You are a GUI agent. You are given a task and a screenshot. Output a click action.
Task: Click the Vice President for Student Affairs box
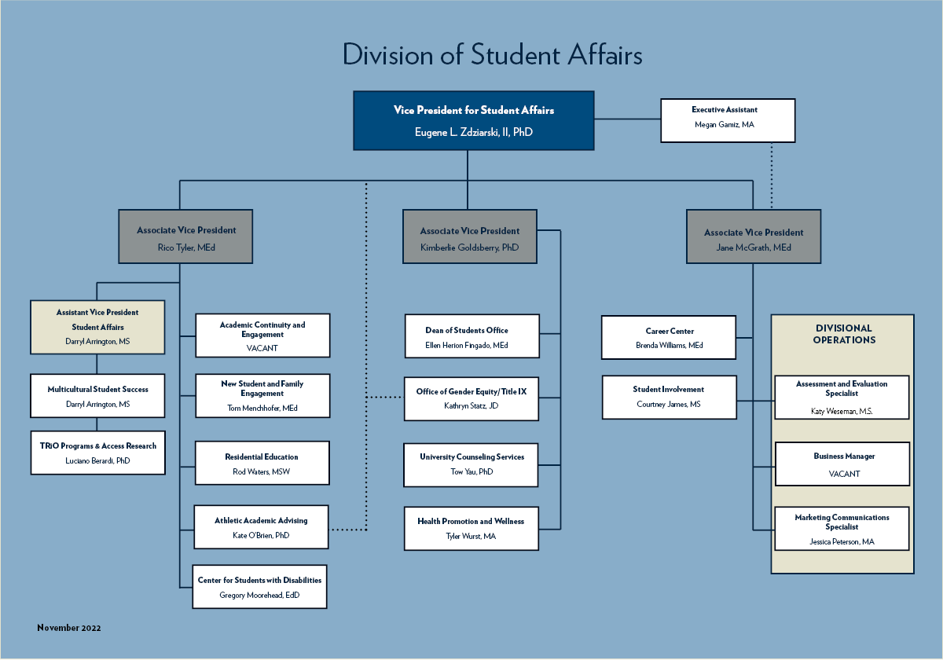(x=474, y=120)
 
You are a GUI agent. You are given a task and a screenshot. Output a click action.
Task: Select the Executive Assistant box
(x=728, y=119)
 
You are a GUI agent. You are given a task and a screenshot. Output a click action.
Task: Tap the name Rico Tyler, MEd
(x=186, y=247)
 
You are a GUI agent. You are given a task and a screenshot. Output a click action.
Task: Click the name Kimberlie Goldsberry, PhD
(x=470, y=247)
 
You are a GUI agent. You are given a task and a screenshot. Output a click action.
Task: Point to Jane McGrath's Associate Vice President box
(x=754, y=236)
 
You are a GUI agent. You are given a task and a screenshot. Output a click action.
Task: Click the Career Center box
(x=669, y=337)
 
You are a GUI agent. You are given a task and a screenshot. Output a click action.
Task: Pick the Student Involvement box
(x=669, y=397)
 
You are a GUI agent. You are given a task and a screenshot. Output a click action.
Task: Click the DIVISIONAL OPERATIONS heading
(x=844, y=334)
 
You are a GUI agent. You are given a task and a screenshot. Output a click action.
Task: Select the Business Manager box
(x=843, y=464)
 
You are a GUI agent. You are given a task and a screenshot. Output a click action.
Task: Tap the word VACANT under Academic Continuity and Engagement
(x=262, y=346)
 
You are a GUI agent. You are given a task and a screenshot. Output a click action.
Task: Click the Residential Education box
(x=262, y=463)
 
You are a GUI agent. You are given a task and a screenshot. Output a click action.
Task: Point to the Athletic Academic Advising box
(x=262, y=526)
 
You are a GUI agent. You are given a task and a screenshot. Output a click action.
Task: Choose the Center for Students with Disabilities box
(x=260, y=586)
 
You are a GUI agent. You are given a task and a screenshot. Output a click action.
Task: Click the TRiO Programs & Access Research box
(x=98, y=452)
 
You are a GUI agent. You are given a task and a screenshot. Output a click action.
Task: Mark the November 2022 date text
(x=69, y=628)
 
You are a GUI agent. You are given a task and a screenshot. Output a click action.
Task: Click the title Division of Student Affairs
(x=493, y=55)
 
